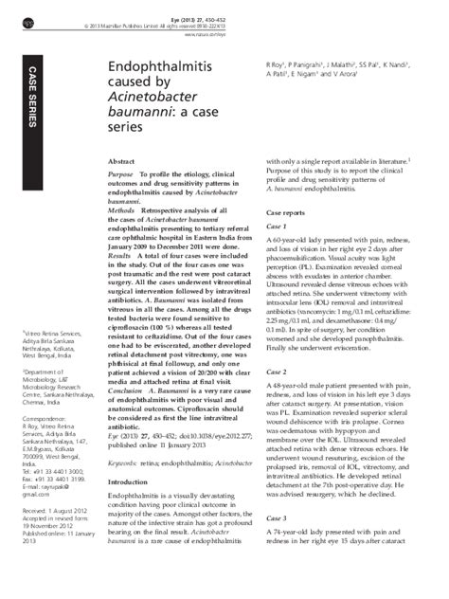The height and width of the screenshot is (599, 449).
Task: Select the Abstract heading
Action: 125,163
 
